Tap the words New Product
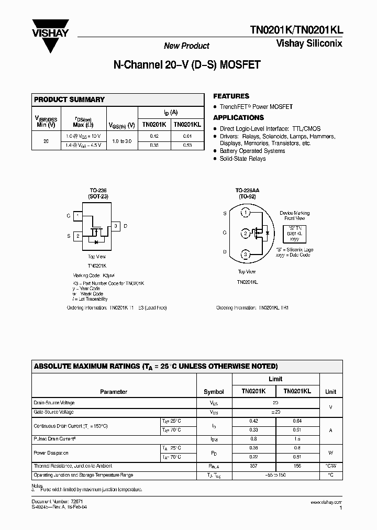(x=186, y=46)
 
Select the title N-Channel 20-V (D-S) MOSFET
(x=187, y=66)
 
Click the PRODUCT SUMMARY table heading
(x=69, y=100)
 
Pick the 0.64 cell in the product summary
(x=187, y=136)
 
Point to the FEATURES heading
(x=231, y=96)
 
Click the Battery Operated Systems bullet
(x=252, y=151)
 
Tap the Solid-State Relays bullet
(x=242, y=158)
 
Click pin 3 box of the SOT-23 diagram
(x=115, y=226)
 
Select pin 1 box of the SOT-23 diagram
(x=77, y=215)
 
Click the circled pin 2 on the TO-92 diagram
(x=246, y=233)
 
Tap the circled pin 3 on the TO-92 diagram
(x=246, y=255)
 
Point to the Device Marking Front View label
(x=294, y=215)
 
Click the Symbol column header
(x=214, y=392)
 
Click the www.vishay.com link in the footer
(x=326, y=502)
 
